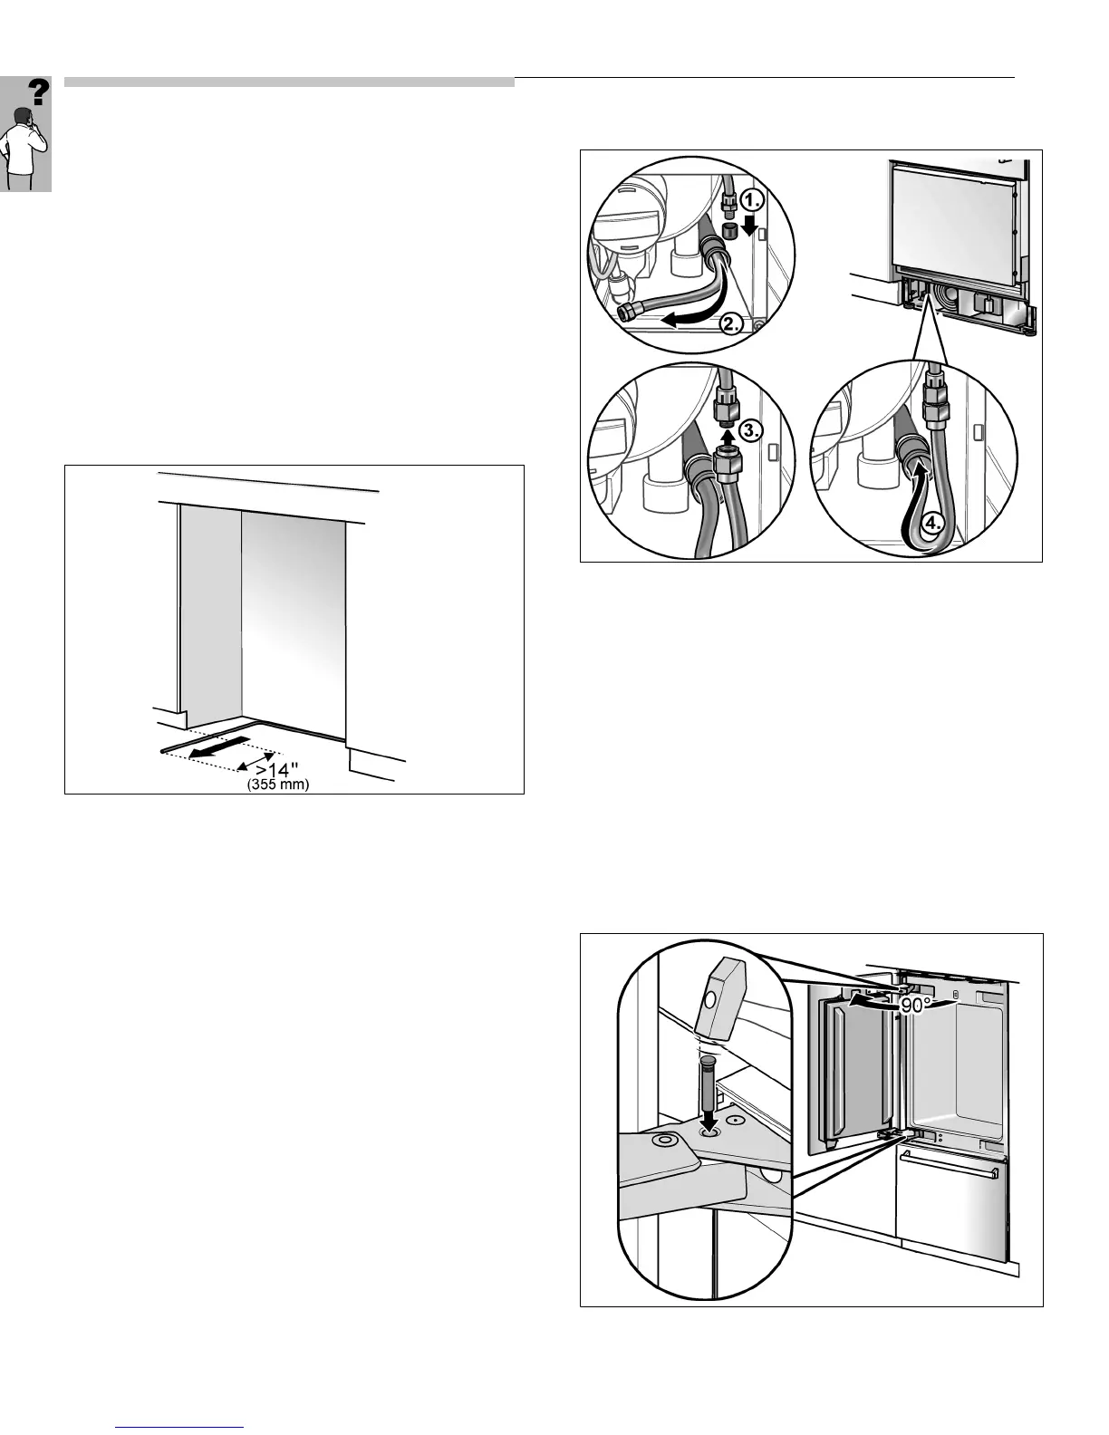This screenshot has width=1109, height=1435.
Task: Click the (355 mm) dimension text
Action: pos(278,785)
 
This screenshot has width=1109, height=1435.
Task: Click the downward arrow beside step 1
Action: pos(748,225)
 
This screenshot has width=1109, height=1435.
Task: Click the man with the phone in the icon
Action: pos(21,145)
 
